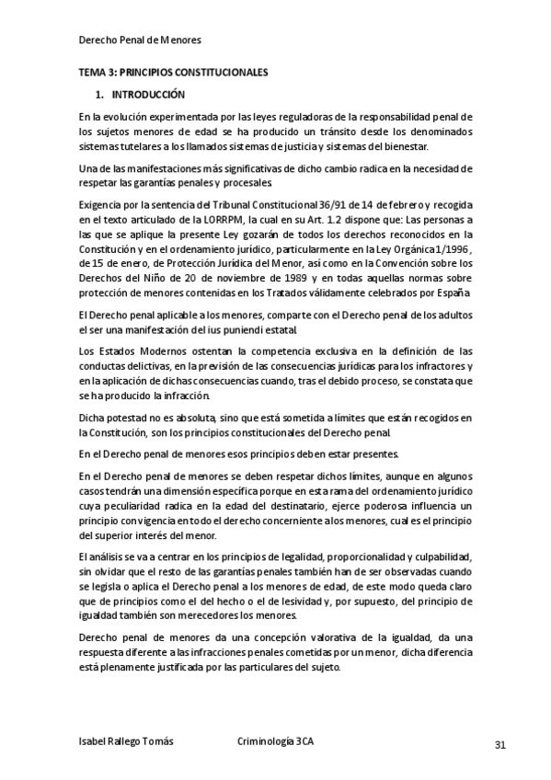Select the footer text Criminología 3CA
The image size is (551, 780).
[275, 742]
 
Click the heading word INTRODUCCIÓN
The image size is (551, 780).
[148, 95]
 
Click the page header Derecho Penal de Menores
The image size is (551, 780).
[140, 40]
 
